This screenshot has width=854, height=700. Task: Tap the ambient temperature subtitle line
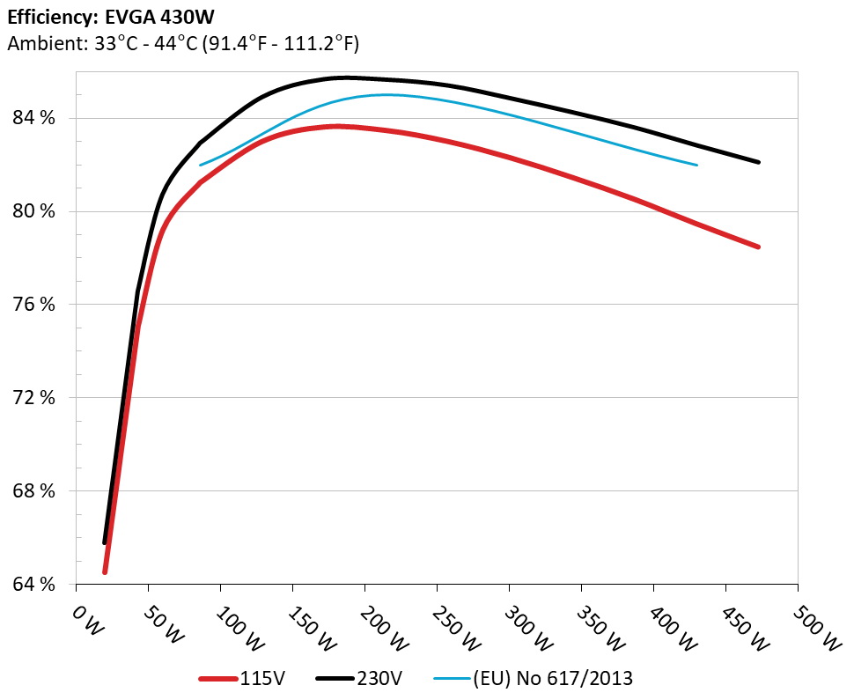pyautogui.click(x=182, y=43)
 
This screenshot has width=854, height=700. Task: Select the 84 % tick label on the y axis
pyautogui.click(x=35, y=118)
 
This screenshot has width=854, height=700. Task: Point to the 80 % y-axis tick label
pyautogui.click(x=35, y=211)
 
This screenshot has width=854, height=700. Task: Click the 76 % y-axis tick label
pyautogui.click(x=35, y=305)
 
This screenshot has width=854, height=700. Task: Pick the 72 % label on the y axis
pyautogui.click(x=35, y=398)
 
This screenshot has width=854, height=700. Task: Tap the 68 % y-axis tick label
pyautogui.click(x=35, y=491)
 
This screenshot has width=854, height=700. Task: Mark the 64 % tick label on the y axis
pyautogui.click(x=35, y=585)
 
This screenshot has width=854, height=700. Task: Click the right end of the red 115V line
pyautogui.click(x=758, y=247)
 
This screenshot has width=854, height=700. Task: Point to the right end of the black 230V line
pyautogui.click(x=758, y=162)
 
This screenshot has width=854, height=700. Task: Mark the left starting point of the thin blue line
pyautogui.click(x=201, y=165)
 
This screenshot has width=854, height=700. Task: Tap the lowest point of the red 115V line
pyautogui.click(x=105, y=572)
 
